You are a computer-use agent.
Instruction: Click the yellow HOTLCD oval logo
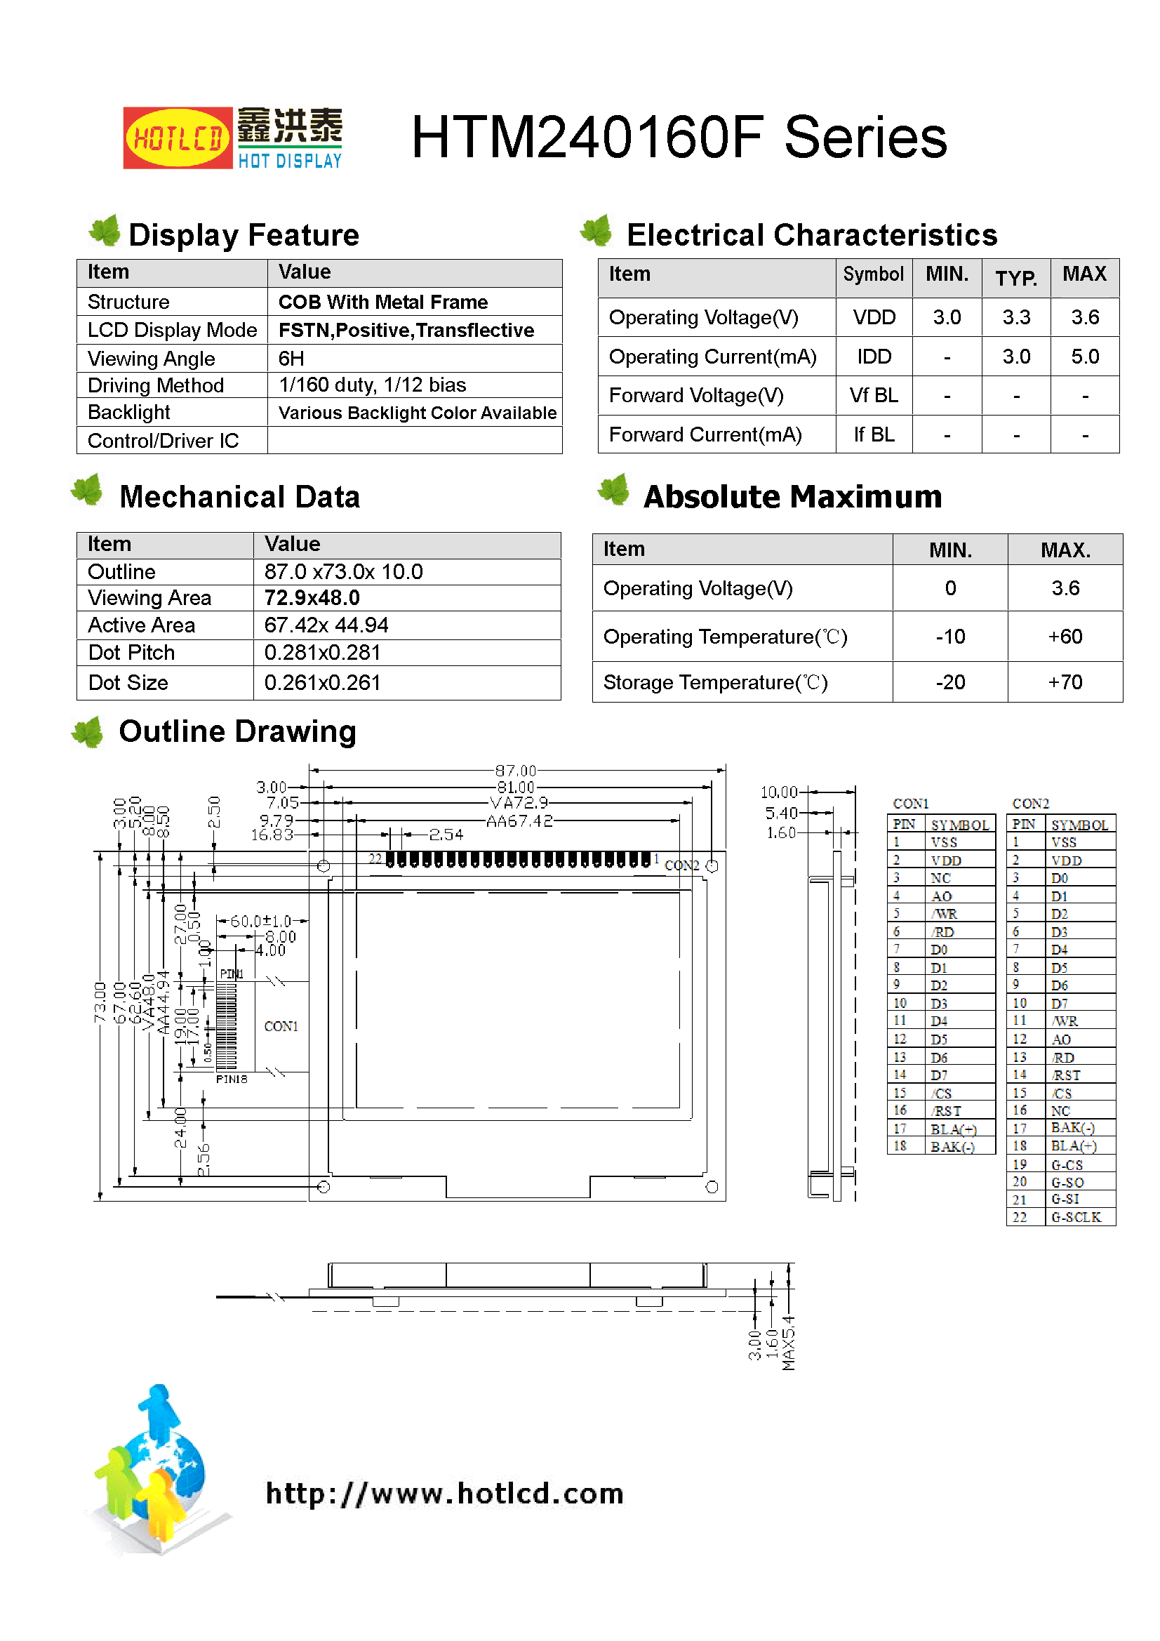coord(178,138)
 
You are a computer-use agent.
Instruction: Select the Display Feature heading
coord(243,235)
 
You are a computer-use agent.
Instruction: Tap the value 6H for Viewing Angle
coord(291,358)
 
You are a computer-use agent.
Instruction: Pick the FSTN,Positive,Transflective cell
coord(405,330)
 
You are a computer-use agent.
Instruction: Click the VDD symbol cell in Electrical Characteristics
coord(874,317)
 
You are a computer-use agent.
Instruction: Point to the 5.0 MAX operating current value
coord(1084,357)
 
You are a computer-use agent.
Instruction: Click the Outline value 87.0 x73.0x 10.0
coord(343,572)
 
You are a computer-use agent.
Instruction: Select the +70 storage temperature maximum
coord(1065,682)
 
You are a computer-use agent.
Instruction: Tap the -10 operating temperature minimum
coord(950,637)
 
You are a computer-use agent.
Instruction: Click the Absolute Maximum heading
coord(792,497)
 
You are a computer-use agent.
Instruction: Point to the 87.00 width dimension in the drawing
coord(515,771)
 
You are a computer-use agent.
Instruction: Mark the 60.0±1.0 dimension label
coord(260,922)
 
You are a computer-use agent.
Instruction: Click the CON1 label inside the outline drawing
coord(281,1026)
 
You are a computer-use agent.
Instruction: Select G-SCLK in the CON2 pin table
coord(1076,1217)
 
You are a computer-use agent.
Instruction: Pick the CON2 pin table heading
coord(1030,804)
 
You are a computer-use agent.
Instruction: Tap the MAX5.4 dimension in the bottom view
coord(788,1343)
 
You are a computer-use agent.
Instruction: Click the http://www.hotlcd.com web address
coord(444,1494)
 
